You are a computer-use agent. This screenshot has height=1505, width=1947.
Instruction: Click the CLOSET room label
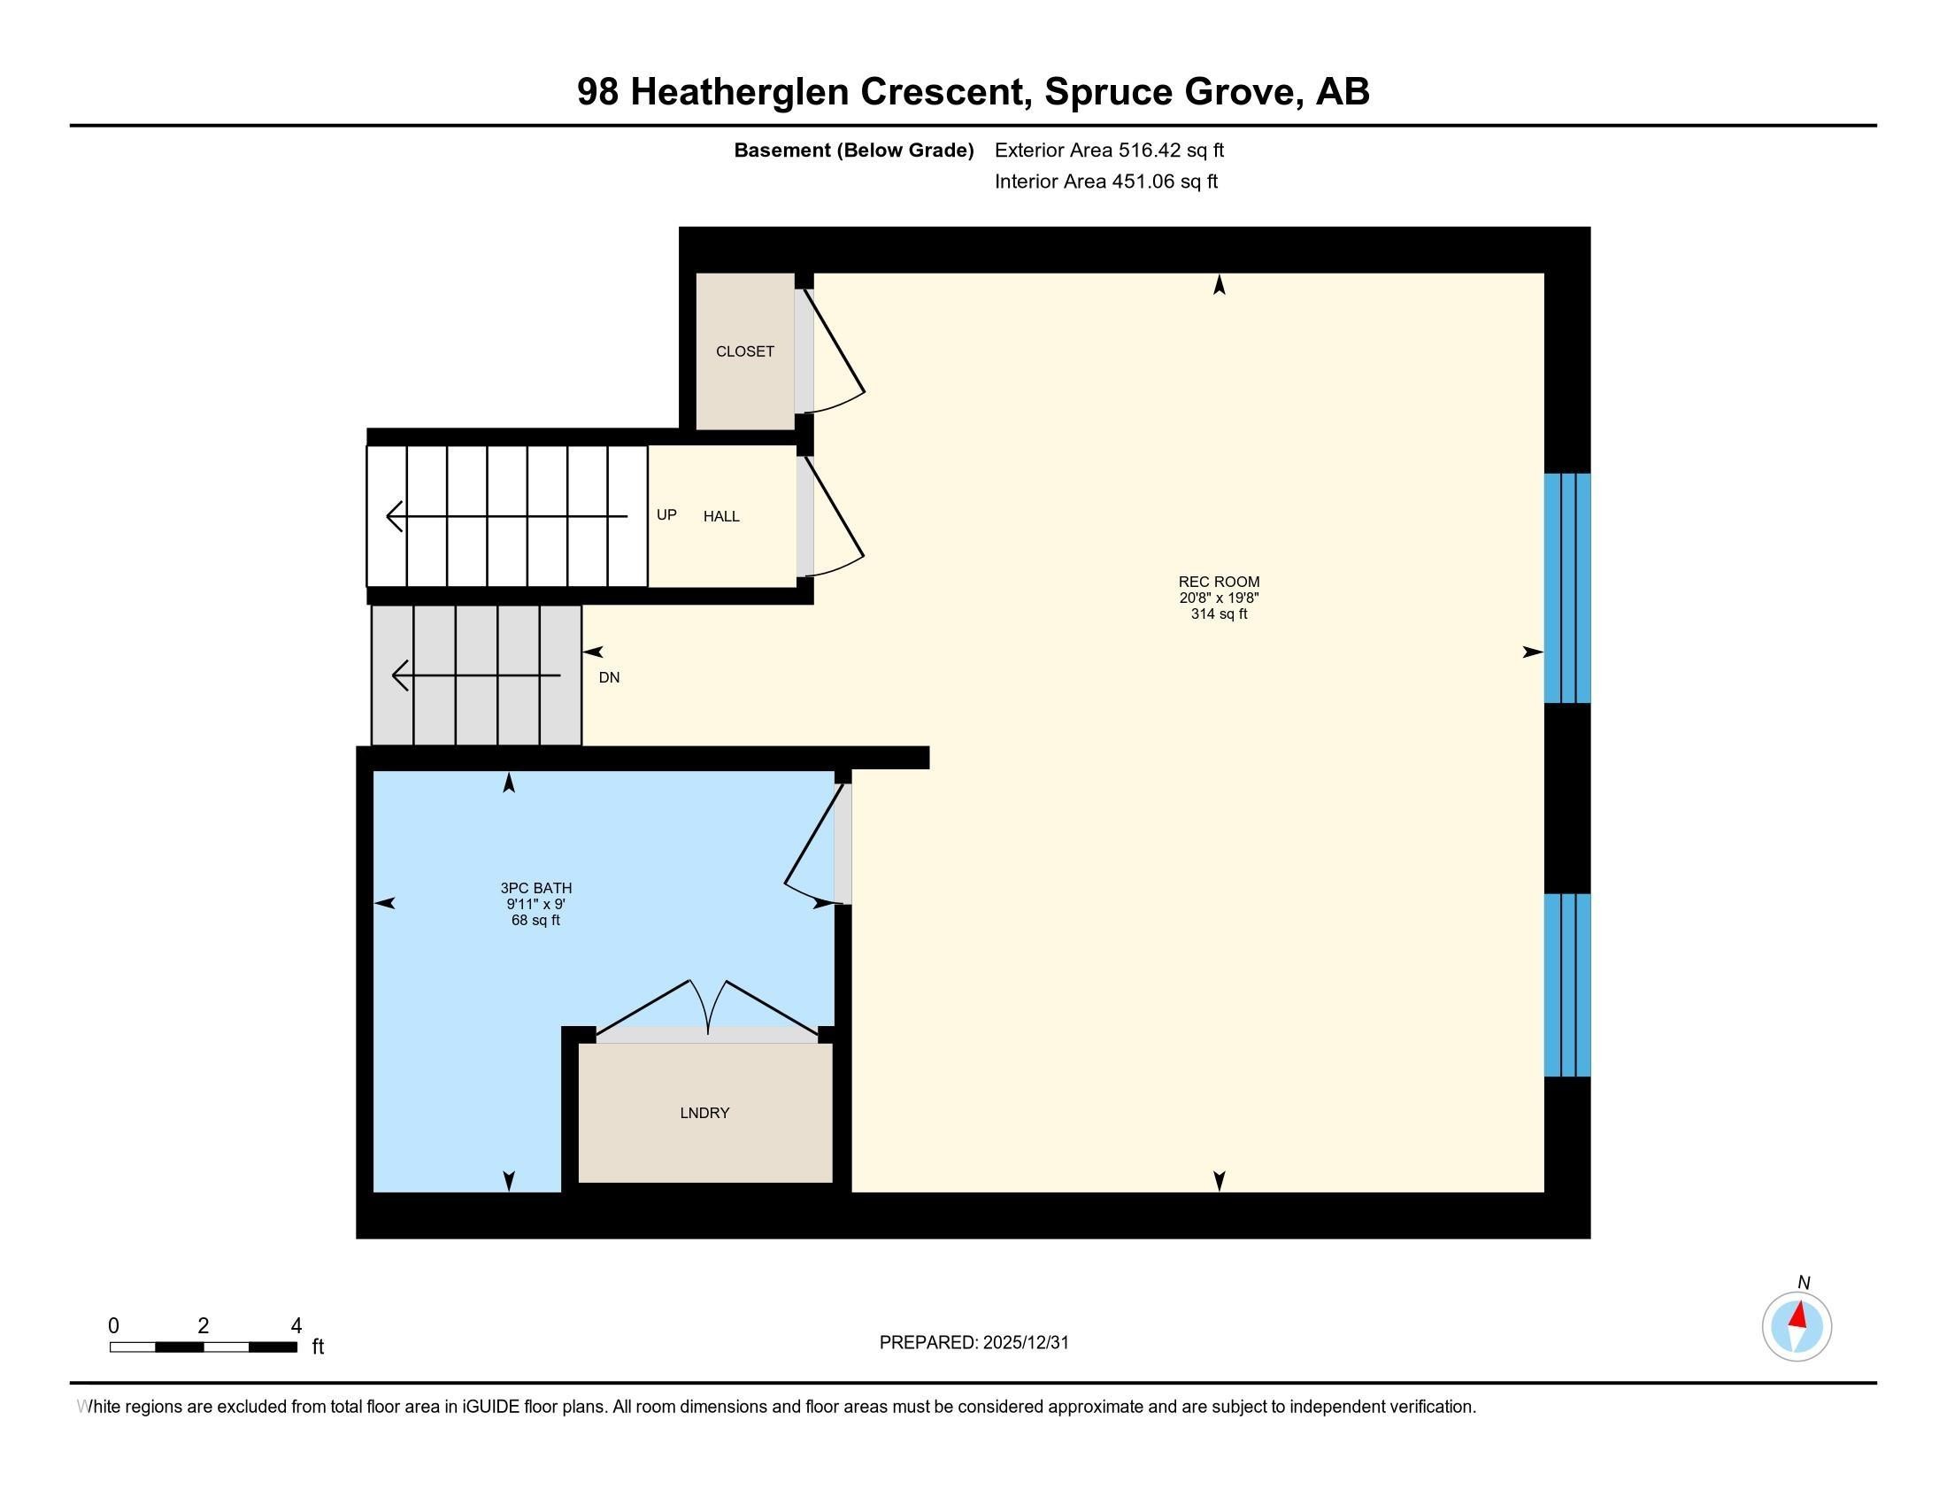[x=744, y=351]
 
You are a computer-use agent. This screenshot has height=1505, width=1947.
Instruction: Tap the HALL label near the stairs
[x=721, y=516]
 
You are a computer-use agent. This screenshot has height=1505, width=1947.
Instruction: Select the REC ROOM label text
[x=1219, y=583]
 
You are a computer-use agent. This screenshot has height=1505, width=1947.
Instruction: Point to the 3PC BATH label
[x=535, y=888]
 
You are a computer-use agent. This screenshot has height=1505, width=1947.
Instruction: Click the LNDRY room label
[x=704, y=1113]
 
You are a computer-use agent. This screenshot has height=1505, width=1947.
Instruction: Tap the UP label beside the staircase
[x=666, y=514]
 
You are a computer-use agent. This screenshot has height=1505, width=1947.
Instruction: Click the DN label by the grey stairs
[x=609, y=677]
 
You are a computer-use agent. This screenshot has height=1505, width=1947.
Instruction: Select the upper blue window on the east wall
[x=1567, y=588]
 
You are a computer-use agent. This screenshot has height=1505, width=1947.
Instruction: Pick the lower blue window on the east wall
[x=1567, y=985]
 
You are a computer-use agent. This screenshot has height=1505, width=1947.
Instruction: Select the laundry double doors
[x=708, y=1012]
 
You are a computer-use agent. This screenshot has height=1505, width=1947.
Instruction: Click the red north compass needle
[x=1799, y=1315]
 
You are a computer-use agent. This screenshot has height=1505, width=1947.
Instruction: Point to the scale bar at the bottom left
[x=204, y=1347]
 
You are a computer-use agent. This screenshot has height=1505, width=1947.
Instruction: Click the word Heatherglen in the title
[x=739, y=92]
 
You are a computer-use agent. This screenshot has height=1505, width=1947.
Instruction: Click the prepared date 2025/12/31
[x=1025, y=1343]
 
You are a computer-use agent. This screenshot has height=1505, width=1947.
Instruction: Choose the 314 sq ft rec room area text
[x=1219, y=614]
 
